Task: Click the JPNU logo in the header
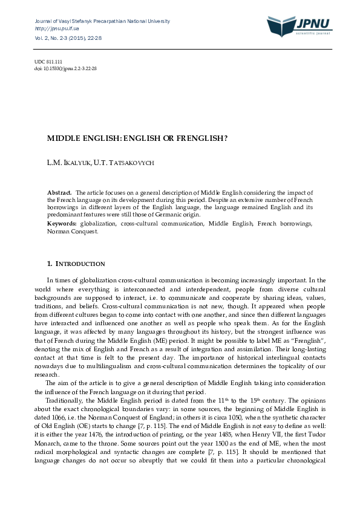(x=299, y=25)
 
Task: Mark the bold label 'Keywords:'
(x=62, y=224)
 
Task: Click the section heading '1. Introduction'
(x=76, y=264)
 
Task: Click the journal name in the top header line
(x=102, y=21)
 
